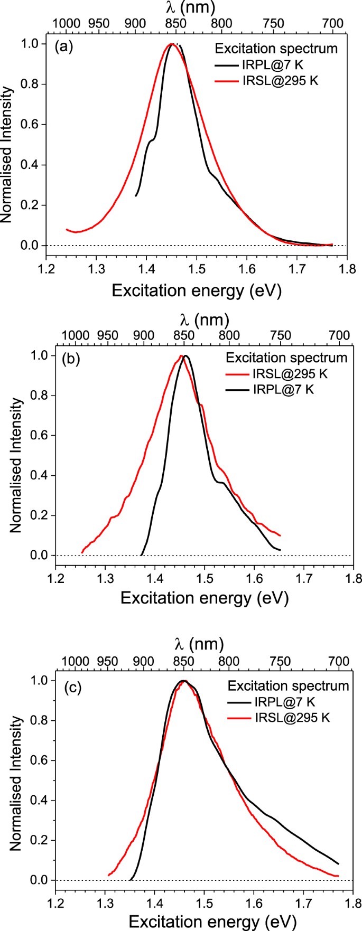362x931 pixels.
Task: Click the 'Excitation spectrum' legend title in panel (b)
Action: tap(286, 358)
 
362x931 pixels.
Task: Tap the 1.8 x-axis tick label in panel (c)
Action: tap(354, 902)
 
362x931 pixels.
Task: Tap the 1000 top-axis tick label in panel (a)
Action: tap(66, 23)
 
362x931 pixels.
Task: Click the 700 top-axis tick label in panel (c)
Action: tap(339, 661)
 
